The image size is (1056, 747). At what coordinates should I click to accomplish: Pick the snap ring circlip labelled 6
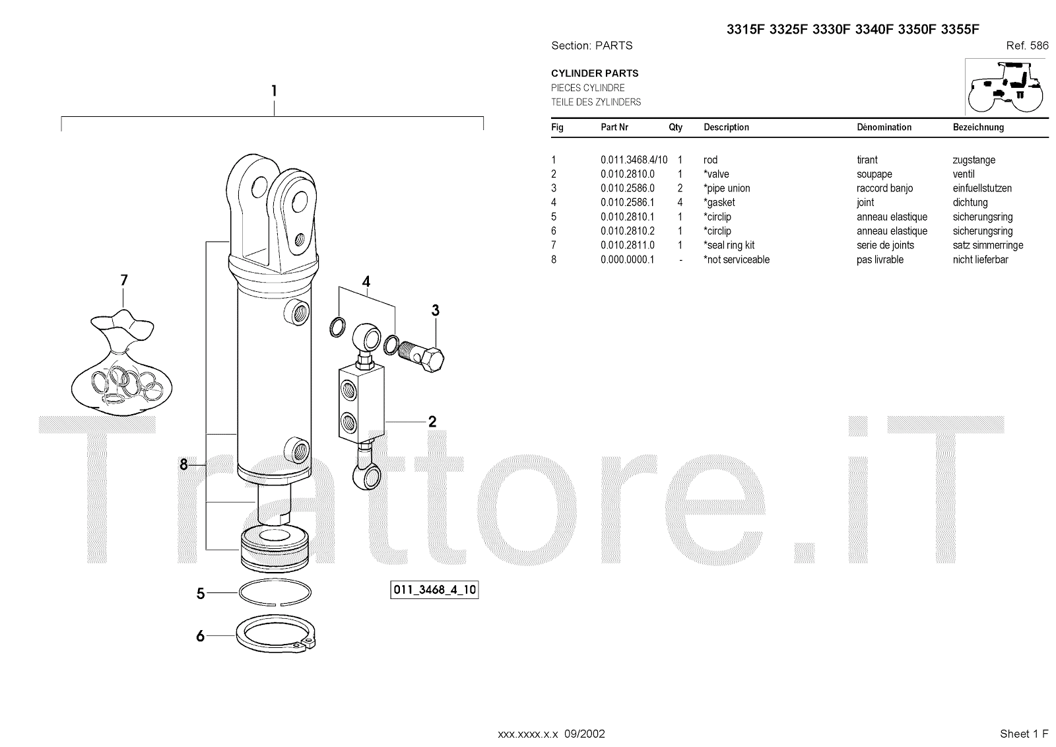(276, 636)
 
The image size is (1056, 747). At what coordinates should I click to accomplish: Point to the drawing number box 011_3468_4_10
(434, 590)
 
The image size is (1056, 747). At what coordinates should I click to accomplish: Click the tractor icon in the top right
(1005, 87)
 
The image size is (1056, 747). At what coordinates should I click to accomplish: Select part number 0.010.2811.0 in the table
(627, 245)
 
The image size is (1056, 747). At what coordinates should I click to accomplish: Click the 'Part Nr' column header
(614, 127)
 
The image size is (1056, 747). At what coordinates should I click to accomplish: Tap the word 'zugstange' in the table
(973, 160)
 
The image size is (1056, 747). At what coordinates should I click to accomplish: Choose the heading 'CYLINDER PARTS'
(595, 73)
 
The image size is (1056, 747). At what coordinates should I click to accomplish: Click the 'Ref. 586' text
(1027, 46)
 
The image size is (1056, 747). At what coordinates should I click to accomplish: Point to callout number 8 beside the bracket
(184, 465)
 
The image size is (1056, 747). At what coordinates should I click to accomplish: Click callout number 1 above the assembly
(274, 91)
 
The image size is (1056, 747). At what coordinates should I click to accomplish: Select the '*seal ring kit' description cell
(729, 245)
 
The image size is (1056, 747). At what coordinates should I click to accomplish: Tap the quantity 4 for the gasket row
(680, 203)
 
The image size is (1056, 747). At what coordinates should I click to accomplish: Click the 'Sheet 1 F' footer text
(1024, 734)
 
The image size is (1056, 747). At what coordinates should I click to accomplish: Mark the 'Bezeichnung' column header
(978, 127)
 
